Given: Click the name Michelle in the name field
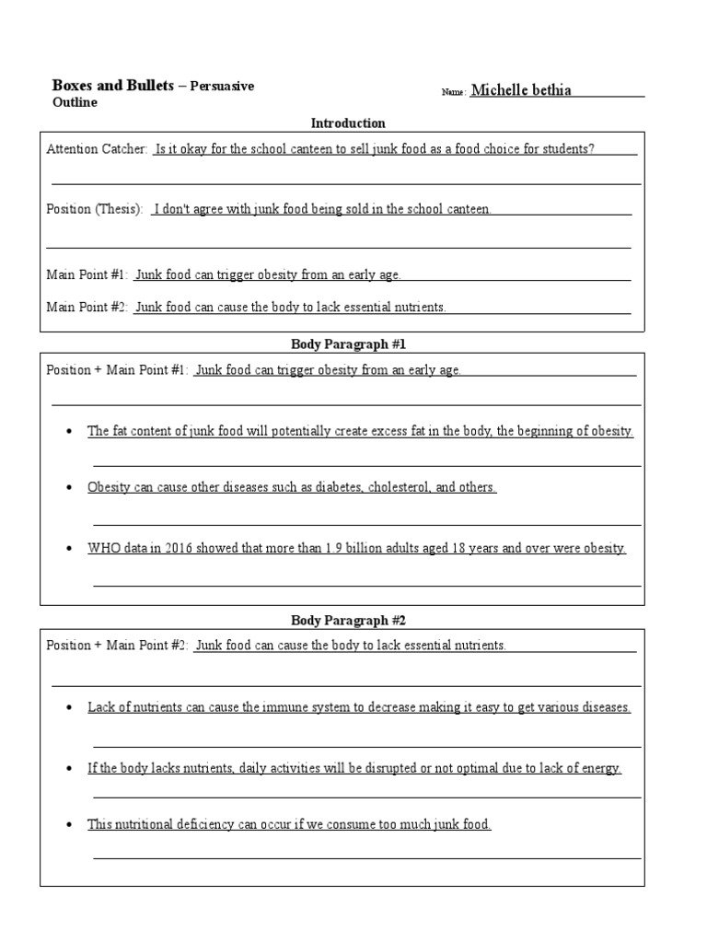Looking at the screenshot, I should tap(498, 90).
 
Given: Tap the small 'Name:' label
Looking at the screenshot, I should tap(453, 92).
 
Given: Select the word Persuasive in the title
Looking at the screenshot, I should tap(222, 86).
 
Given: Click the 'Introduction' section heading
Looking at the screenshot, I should tap(348, 123).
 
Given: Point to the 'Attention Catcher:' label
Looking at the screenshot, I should tap(97, 149).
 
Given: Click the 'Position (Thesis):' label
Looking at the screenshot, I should tap(95, 209).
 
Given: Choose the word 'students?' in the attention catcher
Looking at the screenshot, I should tap(568, 149).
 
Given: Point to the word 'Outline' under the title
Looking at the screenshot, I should tap(75, 102).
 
